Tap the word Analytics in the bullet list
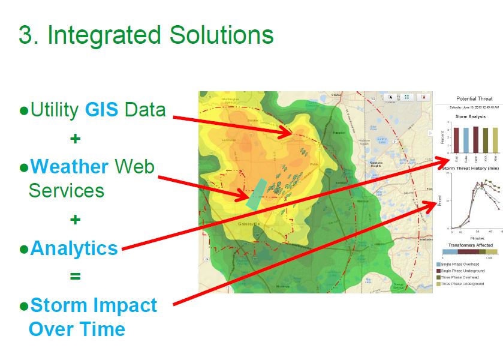pyautogui.click(x=74, y=248)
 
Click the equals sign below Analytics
pyautogui.click(x=75, y=277)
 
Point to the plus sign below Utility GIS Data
pyautogui.click(x=75, y=139)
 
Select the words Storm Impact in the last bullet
pyautogui.click(x=94, y=305)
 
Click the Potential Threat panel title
pyautogui.click(x=474, y=99)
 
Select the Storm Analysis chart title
pyautogui.click(x=469, y=116)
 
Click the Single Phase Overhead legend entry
pyautogui.click(x=462, y=264)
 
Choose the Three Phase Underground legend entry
pyautogui.click(x=463, y=283)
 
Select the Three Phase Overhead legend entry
pyautogui.click(x=461, y=277)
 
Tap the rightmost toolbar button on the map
pyautogui.click(x=423, y=97)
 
